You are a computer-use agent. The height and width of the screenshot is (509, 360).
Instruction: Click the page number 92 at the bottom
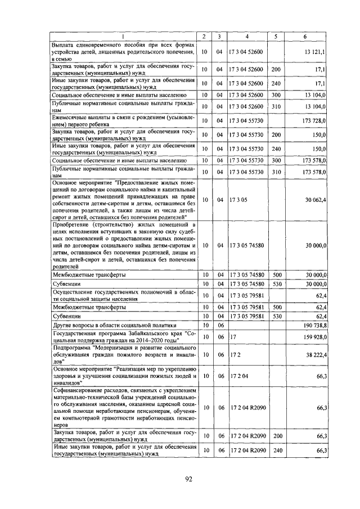pos(190,479)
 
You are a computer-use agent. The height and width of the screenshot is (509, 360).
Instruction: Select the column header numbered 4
pos(246,37)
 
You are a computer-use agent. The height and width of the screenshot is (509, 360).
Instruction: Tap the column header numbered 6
pos(304,37)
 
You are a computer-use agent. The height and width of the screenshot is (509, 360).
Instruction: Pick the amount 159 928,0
pos(313,337)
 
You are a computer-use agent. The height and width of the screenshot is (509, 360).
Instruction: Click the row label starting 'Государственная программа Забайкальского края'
pos(124,337)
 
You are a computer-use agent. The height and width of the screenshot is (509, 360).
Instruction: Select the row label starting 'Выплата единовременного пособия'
pos(124,51)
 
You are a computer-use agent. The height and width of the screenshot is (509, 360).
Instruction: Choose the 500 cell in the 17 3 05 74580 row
pos(276,275)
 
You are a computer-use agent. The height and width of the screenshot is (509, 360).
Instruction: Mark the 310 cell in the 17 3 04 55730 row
pos(276,172)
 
